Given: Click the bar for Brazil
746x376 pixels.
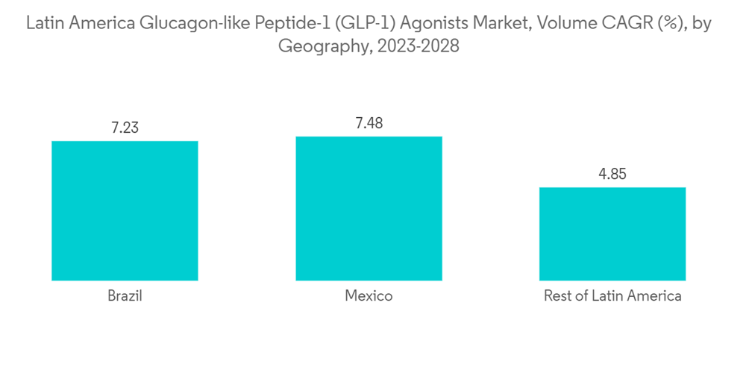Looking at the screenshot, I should point(125,210).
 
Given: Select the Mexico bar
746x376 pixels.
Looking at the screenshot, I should point(369,208).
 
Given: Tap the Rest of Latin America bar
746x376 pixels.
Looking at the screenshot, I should point(612,234).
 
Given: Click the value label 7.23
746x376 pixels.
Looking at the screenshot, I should point(125,128).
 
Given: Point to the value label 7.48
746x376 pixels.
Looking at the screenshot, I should point(369,123).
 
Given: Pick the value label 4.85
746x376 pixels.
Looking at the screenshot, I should point(612,175).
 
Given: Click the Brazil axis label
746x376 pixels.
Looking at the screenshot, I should point(125,296).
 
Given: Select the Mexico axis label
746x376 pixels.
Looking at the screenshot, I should point(369,296).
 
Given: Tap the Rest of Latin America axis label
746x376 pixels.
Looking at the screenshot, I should point(612,296).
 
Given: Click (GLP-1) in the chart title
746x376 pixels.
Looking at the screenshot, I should point(355,24).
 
